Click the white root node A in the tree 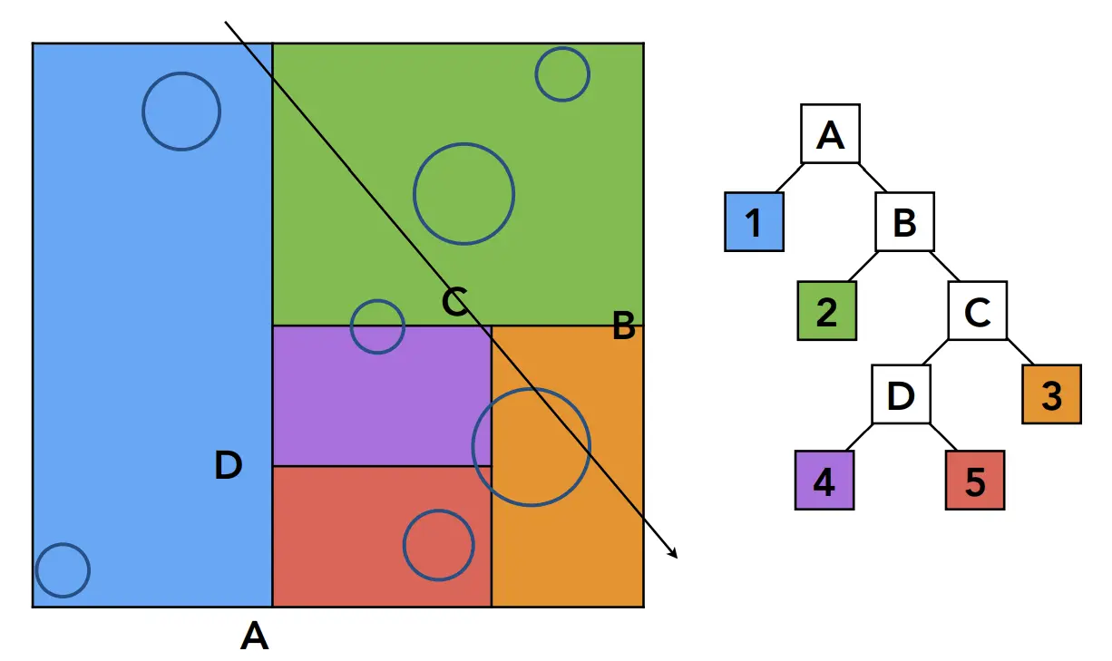click(x=830, y=134)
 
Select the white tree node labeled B click(x=904, y=221)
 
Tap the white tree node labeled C click(x=978, y=311)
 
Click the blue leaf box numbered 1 click(x=754, y=221)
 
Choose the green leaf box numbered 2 click(x=827, y=311)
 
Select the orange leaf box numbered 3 click(x=1051, y=394)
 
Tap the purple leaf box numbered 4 click(x=824, y=481)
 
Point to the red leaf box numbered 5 click(x=975, y=481)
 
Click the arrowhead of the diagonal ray click(x=675, y=554)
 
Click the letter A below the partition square click(x=255, y=637)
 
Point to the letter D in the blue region click(x=229, y=465)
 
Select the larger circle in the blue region click(x=181, y=112)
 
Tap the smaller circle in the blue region click(x=63, y=570)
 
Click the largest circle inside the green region click(x=463, y=193)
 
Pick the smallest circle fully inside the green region click(x=562, y=74)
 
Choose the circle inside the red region click(x=439, y=545)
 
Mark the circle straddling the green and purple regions click(x=377, y=326)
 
